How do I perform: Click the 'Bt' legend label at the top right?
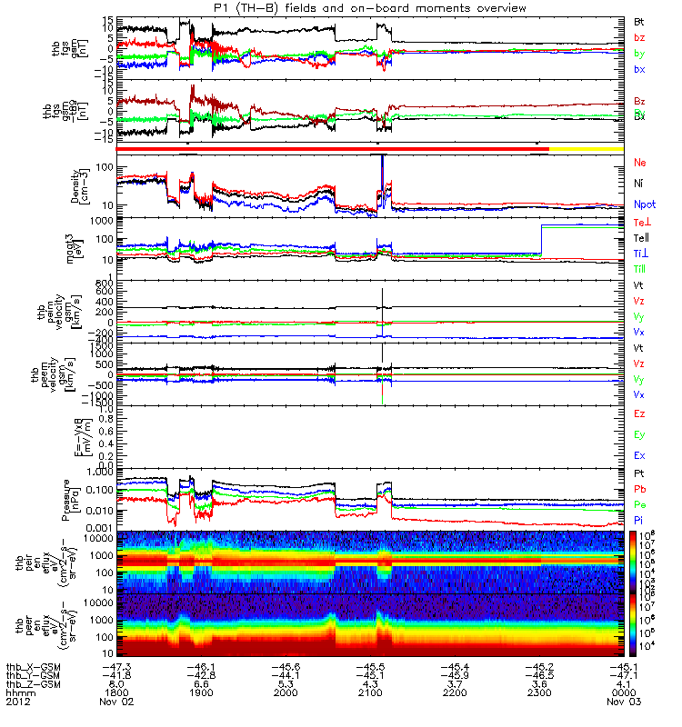[x=639, y=20]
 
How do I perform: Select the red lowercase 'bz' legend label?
[x=639, y=38]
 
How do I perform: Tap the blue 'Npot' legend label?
[x=644, y=204]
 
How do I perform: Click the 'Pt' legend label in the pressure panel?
[x=639, y=473]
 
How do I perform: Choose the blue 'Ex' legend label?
[x=639, y=454]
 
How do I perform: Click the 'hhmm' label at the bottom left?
[x=17, y=692]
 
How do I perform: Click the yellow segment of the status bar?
[x=586, y=147]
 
